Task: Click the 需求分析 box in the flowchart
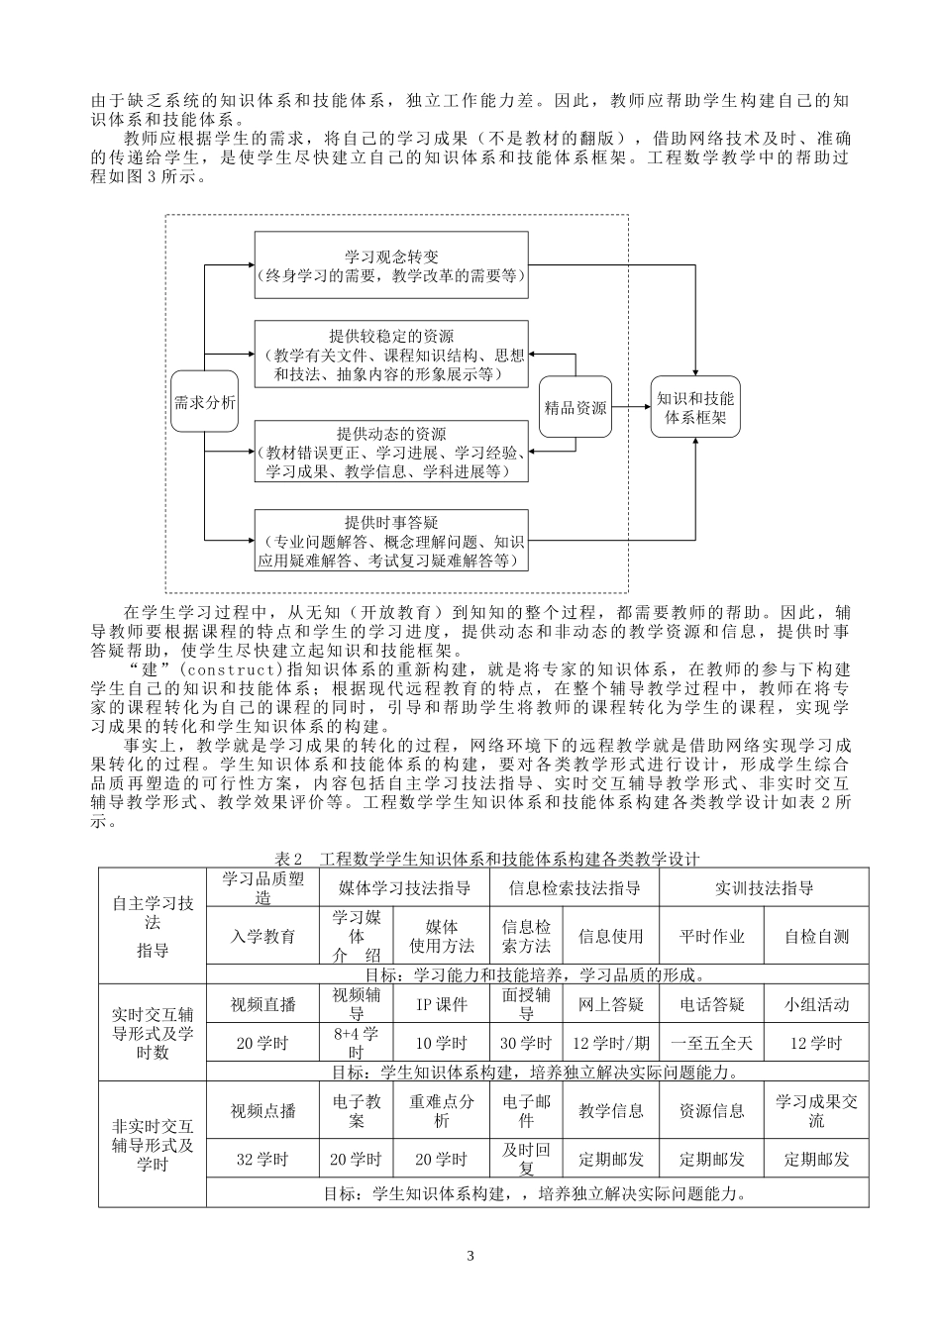pos(205,402)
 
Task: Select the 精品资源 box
pos(575,407)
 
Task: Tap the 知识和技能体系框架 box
pos(695,408)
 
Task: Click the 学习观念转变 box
pos(391,265)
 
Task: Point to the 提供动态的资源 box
pos(391,453)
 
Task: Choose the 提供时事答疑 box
pos(391,541)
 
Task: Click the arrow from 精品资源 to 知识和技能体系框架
pos(631,407)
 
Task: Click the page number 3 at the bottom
pos(470,1257)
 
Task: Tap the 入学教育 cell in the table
pos(263,936)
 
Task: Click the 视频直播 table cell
pos(263,1004)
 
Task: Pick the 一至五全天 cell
pos(711,1043)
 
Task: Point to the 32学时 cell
pos(263,1159)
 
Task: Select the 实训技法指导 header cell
pos(764,887)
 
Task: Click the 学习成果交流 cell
pos(817,1111)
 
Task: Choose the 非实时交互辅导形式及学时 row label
pos(153,1145)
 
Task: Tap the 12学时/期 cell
pos(611,1043)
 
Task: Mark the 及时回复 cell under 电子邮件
pos(527,1159)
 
